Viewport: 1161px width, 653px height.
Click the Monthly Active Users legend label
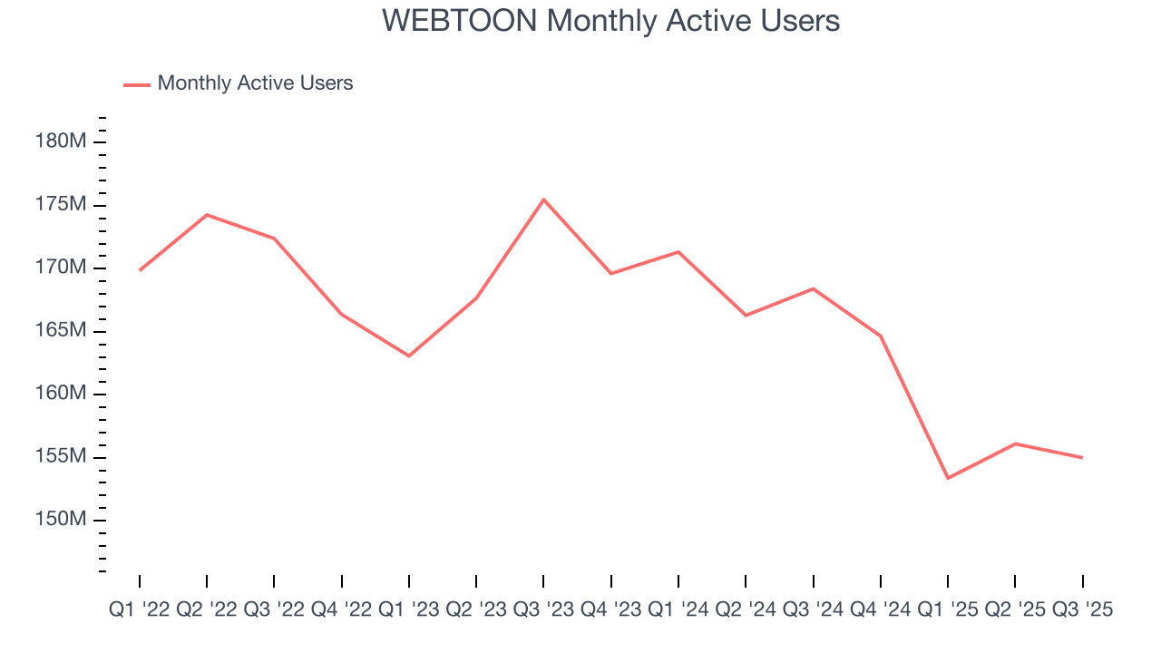coord(255,83)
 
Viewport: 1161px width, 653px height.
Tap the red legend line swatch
coord(136,84)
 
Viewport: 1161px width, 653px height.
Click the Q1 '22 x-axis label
coord(139,610)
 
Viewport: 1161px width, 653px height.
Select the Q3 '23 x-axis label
coord(543,610)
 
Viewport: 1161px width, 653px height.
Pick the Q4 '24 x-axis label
coord(880,610)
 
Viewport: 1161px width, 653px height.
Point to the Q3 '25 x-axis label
coord(1081,610)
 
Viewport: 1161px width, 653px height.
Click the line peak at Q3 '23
coord(543,200)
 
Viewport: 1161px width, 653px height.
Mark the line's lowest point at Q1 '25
coord(948,478)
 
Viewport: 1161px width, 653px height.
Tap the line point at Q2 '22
coord(207,215)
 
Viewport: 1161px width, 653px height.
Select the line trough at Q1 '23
coord(409,356)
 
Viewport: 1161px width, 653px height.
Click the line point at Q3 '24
coord(813,288)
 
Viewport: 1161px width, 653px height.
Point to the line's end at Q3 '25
coord(1081,457)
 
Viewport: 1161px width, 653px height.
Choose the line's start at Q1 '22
coord(140,270)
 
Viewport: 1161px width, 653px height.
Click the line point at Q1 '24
coord(678,252)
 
